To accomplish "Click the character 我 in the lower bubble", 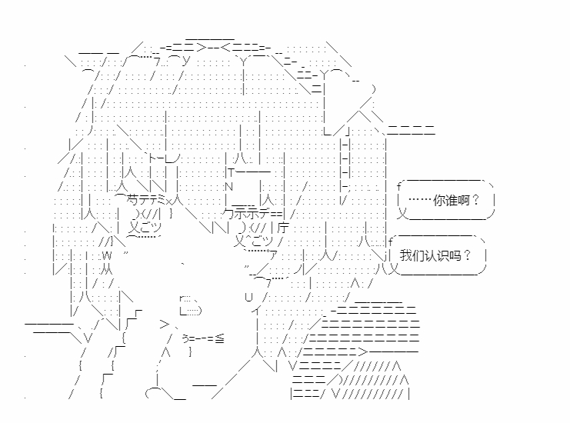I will tap(406, 255).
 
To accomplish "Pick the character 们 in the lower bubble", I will tap(418, 255).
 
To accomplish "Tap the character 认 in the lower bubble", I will tap(431, 255).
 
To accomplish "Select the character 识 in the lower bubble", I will tap(443, 255).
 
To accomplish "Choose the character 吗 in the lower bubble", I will tap(455, 255).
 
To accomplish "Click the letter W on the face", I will tap(106, 255).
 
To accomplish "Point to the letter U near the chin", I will tap(248, 297).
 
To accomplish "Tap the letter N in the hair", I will tap(228, 187).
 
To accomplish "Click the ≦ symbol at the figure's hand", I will tap(219, 339).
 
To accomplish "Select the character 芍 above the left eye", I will tap(121, 201).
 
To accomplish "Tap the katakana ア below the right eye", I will tap(274, 255).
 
